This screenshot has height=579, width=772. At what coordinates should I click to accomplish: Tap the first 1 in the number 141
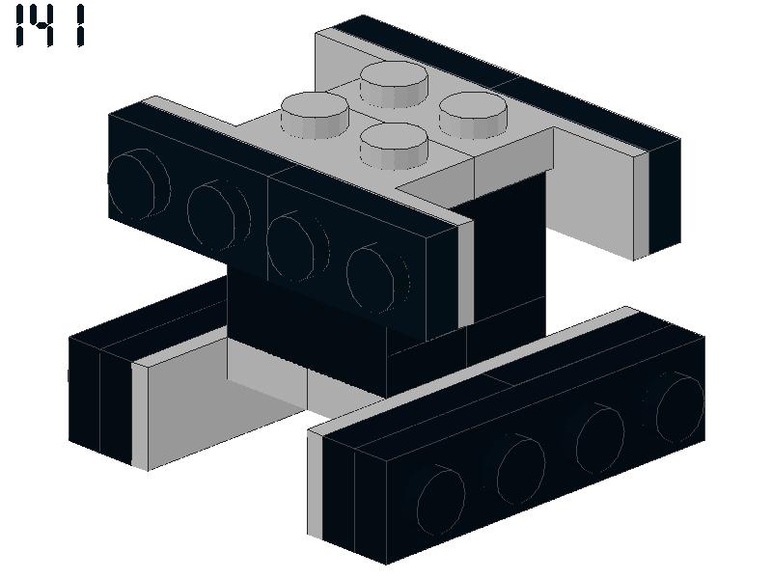[x=20, y=26]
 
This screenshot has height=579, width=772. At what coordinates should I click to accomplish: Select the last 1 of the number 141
[x=81, y=26]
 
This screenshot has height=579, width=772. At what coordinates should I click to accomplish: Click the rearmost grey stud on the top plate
[x=394, y=84]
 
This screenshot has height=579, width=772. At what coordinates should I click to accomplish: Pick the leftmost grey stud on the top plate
[x=316, y=115]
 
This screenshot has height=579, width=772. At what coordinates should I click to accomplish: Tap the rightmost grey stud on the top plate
[x=473, y=115]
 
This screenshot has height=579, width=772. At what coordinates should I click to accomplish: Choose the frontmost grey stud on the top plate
[x=394, y=146]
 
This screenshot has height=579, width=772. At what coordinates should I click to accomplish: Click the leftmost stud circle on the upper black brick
[x=139, y=183]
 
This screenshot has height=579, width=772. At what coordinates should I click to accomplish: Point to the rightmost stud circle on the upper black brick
[x=376, y=279]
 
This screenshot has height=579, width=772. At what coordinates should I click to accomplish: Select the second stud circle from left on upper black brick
[x=218, y=215]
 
